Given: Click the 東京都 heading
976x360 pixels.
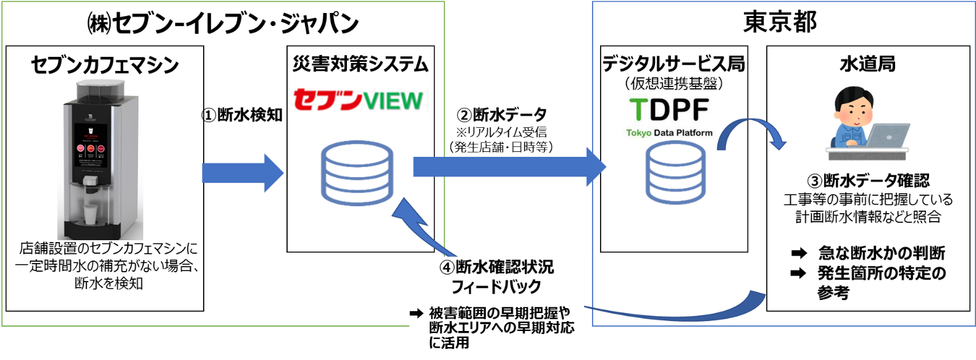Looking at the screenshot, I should coord(780,22).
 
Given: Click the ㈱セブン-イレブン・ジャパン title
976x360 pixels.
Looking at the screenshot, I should coord(223,23).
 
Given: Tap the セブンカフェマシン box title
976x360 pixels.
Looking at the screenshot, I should coord(105,65).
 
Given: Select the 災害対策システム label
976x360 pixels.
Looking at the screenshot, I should coord(361,64).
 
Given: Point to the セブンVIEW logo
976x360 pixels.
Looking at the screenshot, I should coord(358,99).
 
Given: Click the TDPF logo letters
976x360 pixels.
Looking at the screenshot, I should coord(669,110).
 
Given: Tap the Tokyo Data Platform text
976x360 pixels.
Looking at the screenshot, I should coord(669,133).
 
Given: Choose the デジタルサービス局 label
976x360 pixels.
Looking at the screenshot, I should coord(674,64).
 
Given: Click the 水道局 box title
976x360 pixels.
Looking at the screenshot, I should coord(867,64).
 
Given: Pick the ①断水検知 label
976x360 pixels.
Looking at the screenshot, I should coord(242,115).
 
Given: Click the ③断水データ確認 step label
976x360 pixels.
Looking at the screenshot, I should coord(868,181).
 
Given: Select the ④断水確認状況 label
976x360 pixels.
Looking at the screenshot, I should coord(496,267).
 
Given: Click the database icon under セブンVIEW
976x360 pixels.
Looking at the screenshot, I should coord(357,174).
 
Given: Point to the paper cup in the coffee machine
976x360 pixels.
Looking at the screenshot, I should coord(91,216).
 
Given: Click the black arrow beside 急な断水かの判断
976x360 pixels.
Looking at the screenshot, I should coord(799,253).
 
